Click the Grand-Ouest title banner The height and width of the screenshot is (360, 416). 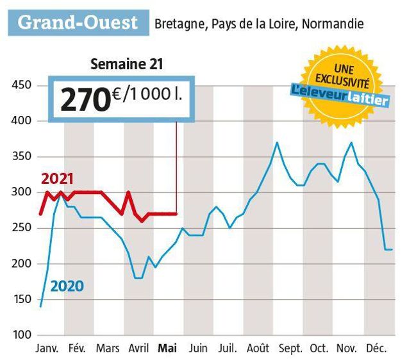tap(78, 23)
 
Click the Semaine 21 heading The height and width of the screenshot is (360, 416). tap(127, 63)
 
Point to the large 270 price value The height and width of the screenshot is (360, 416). tap(84, 99)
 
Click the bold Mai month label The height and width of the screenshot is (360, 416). tap(168, 348)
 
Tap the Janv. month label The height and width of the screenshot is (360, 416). tap(46, 348)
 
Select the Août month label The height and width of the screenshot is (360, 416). tap(258, 348)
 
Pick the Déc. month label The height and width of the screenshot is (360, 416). tap(376, 348)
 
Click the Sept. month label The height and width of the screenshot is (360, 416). tap(290, 348)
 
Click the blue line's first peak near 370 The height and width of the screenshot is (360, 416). tap(276, 143)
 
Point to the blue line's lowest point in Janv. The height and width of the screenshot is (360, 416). tap(41, 306)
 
